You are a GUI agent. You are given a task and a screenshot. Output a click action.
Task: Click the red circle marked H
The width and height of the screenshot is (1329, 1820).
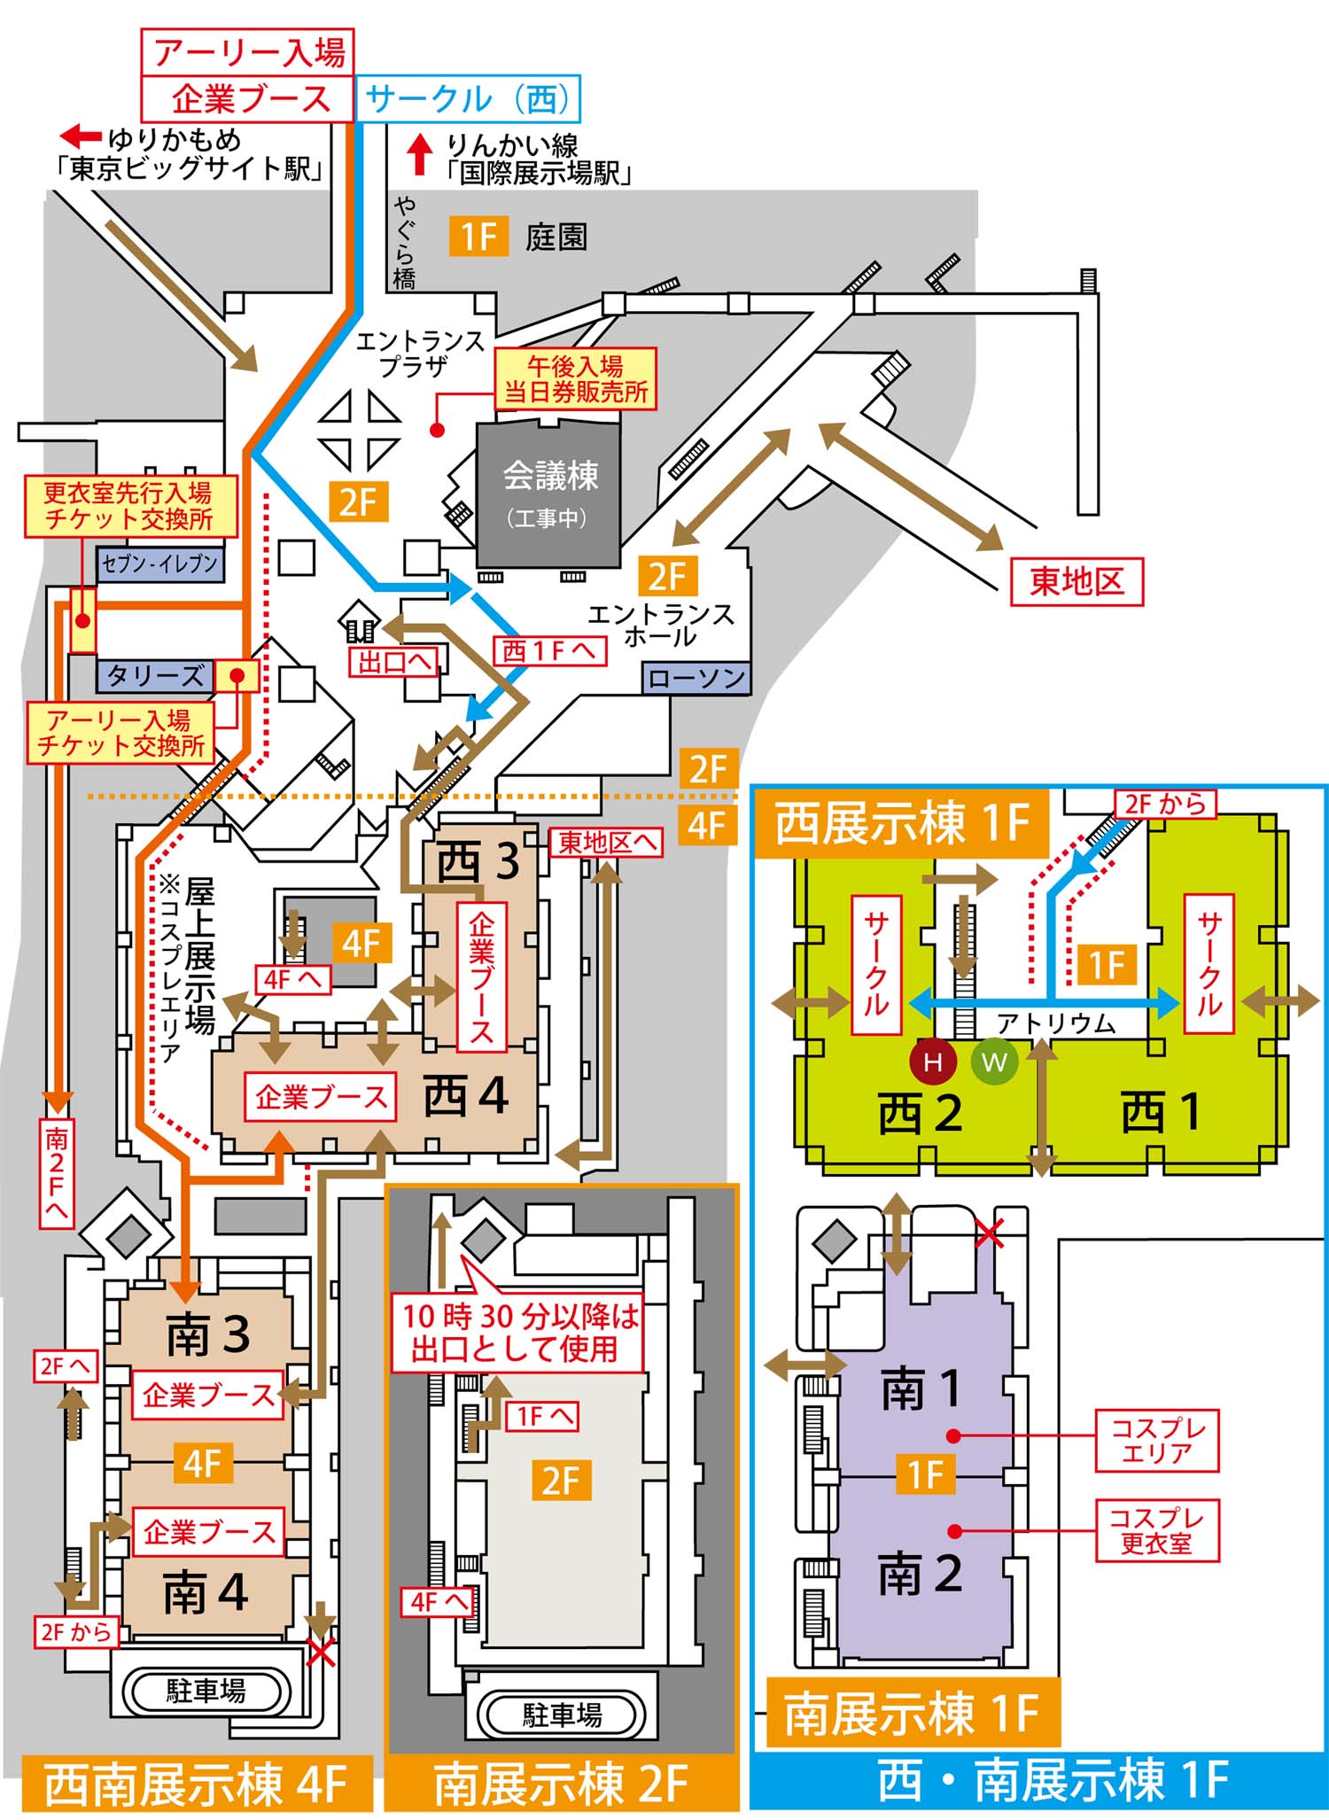(933, 1062)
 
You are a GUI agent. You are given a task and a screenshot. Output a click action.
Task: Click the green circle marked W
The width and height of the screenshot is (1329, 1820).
(994, 1062)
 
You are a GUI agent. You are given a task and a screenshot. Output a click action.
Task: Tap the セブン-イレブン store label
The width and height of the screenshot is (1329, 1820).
(159, 564)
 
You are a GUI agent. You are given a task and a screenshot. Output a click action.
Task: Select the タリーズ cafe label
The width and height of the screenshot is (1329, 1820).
(154, 676)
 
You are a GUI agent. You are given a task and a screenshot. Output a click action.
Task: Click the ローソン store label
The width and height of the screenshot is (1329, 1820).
(696, 679)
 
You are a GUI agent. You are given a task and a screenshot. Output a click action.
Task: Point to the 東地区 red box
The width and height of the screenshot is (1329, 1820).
(1076, 581)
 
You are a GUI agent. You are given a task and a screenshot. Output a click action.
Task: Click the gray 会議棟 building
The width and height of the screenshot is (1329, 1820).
(549, 494)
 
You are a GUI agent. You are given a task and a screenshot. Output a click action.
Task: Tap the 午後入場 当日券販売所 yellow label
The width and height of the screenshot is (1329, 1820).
(575, 378)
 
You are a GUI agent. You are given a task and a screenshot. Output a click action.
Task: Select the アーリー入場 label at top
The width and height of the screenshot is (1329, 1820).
(247, 51)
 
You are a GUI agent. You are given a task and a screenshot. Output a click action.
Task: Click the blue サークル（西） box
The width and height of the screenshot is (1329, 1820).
(467, 98)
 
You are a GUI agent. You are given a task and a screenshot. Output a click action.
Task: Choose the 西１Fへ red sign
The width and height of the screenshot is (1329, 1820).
(549, 651)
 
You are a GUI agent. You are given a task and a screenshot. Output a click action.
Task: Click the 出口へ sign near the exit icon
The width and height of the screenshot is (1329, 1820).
(395, 662)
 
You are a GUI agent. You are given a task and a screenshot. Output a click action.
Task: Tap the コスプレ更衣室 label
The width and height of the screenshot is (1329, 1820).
(1156, 1530)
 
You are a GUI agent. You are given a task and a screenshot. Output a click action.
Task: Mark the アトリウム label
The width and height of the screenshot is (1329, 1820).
(1056, 1023)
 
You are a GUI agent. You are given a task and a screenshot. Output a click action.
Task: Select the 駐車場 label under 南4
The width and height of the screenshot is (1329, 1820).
(206, 1690)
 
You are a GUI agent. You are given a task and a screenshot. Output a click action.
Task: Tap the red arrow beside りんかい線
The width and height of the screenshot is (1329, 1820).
(420, 154)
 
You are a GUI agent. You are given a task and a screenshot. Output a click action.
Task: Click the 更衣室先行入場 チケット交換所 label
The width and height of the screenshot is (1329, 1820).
(129, 506)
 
